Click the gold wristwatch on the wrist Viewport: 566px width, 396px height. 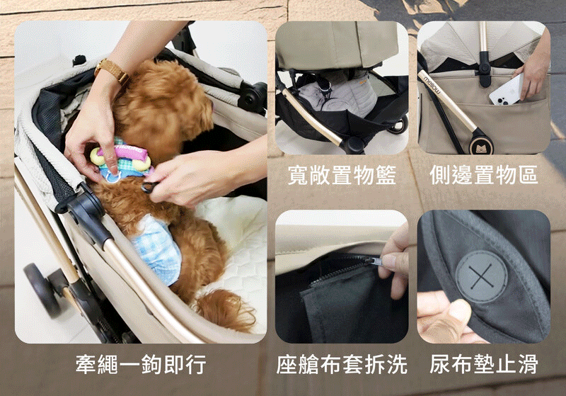coord(111,70)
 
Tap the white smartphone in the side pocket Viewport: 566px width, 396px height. coord(505,89)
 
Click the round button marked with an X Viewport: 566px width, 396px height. coord(481,276)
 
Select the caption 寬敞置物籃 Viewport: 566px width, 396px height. coord(342,175)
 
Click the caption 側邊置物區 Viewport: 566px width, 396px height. coord(484,175)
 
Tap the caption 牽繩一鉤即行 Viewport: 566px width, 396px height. coord(141,364)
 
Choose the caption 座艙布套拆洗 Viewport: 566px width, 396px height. coord(342,364)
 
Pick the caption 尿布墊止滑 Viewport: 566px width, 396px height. coord(484,364)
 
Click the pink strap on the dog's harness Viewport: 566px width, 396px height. coord(125,154)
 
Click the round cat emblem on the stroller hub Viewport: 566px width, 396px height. coord(480,146)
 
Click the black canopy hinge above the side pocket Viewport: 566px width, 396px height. coord(484,69)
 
